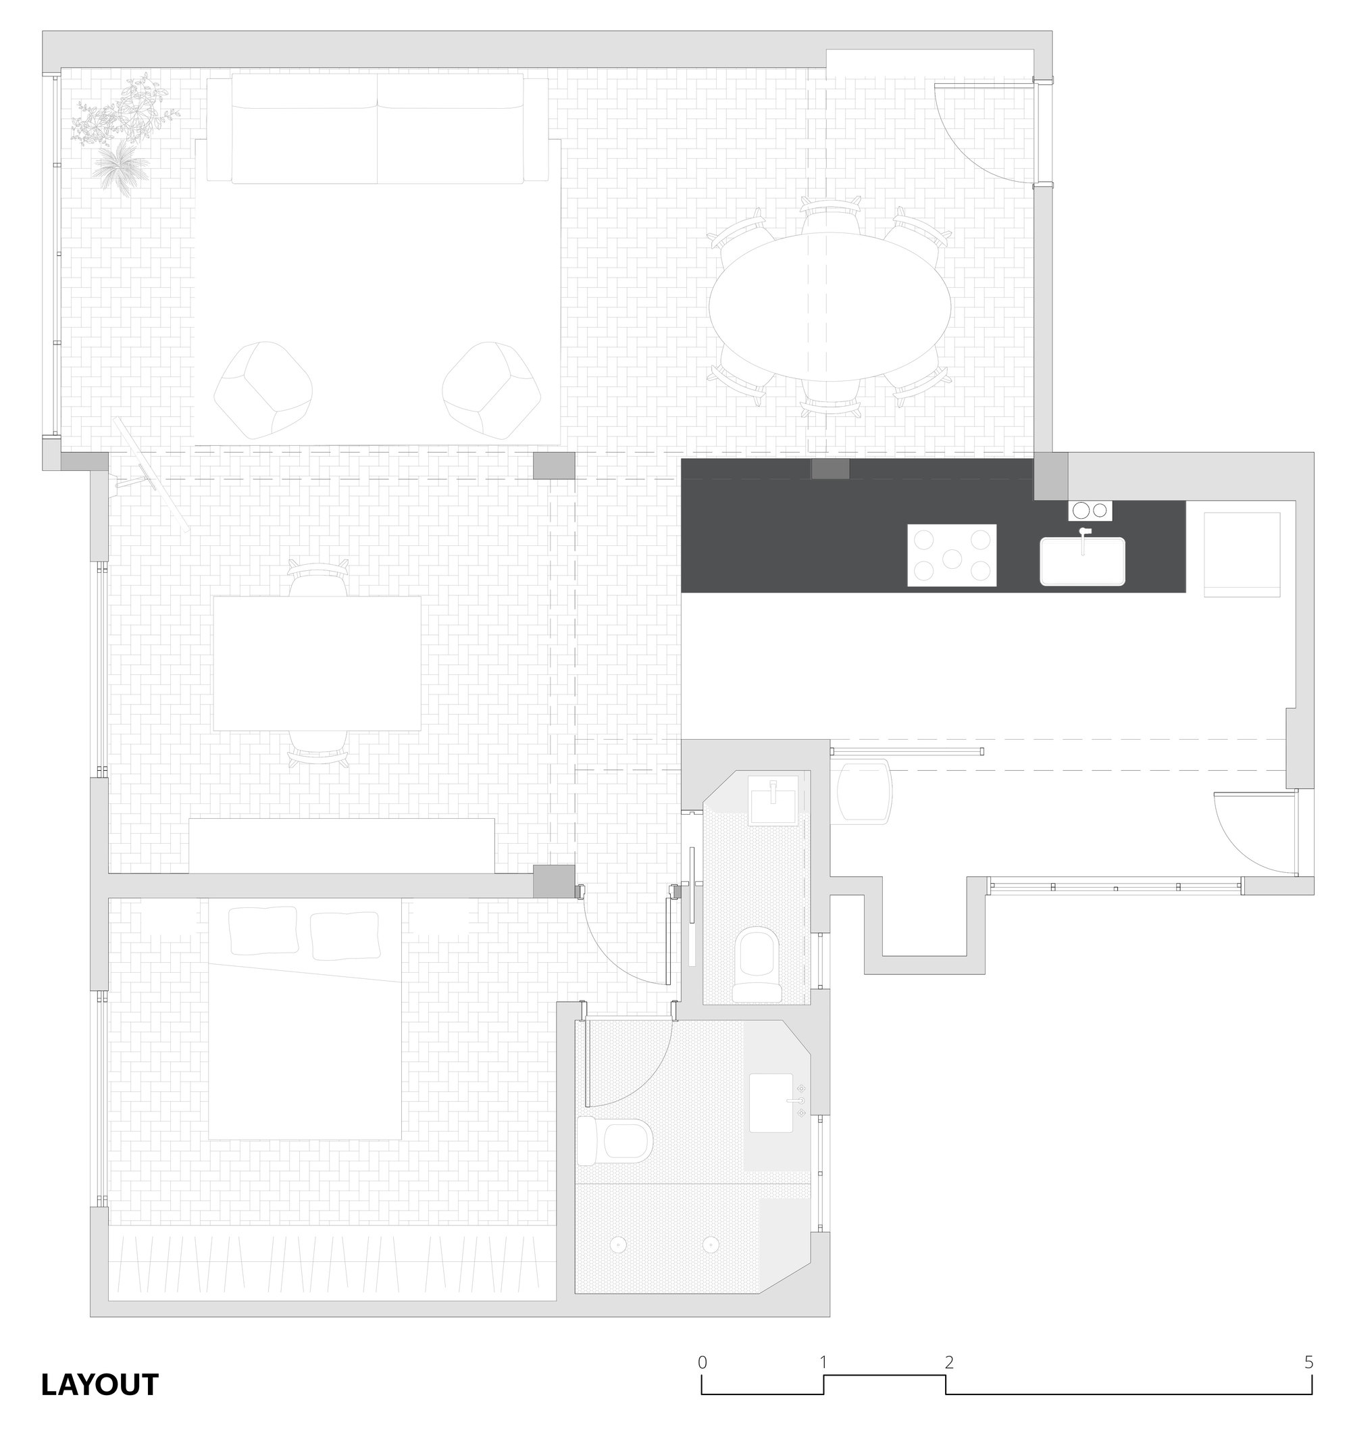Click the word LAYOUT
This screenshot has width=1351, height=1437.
coord(100,1384)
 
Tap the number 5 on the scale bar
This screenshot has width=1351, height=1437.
coord(1308,1362)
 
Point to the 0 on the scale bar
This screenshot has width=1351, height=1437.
coord(702,1362)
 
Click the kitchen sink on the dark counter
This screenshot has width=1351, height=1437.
coord(1082,561)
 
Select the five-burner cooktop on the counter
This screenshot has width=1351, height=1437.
coord(951,555)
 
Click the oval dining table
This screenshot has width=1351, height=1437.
coord(829,307)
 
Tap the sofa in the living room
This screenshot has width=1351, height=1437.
coord(378,128)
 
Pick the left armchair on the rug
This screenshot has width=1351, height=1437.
coord(263,390)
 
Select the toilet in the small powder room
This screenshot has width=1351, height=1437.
coord(756,965)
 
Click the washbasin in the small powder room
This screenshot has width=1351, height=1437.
coord(773,801)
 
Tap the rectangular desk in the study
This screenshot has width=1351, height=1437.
coord(317,663)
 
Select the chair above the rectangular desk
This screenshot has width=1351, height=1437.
coord(318,578)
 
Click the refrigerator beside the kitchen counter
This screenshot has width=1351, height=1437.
coord(1241,555)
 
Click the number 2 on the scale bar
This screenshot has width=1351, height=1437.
coord(949,1362)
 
